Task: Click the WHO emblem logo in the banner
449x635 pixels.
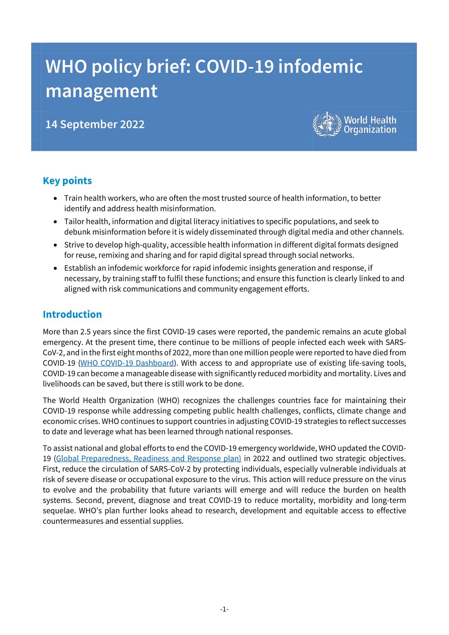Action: pyautogui.click(x=327, y=124)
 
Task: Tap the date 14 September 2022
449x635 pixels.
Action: pyautogui.click(x=95, y=124)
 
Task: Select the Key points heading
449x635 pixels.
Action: pyautogui.click(x=67, y=181)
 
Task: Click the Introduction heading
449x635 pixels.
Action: pyautogui.click(x=72, y=314)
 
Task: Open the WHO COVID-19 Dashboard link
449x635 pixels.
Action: pyautogui.click(x=127, y=363)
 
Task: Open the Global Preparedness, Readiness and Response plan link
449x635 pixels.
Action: pyautogui.click(x=148, y=458)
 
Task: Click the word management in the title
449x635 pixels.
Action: pyautogui.click(x=102, y=91)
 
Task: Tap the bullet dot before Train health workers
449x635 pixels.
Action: pyautogui.click(x=56, y=198)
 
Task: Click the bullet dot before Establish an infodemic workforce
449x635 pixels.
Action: pyautogui.click(x=56, y=268)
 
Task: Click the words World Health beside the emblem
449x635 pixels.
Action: pyautogui.click(x=370, y=120)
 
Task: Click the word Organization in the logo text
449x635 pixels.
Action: pyautogui.click(x=370, y=129)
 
